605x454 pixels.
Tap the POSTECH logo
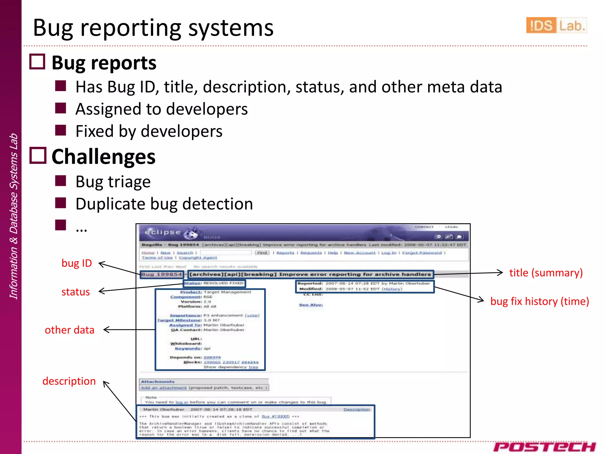pos(544,447)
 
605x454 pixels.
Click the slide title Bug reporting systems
pos(153,28)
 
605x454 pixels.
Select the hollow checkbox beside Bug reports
pos(37,62)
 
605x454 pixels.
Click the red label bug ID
pos(77,263)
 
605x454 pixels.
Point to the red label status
pos(75,292)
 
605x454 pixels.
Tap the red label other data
pos(69,330)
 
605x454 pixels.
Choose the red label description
pos(69,381)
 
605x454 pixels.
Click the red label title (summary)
pos(546,273)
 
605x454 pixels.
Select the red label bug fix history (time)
pos(539,301)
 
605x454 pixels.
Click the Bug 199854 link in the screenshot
pos(162,275)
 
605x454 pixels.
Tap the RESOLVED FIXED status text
pos(223,283)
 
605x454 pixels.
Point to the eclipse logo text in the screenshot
pos(162,232)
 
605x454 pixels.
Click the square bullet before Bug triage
pos(61,181)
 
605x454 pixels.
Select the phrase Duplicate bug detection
pos(164,204)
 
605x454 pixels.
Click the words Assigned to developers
pos(161,109)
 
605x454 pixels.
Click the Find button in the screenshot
pos(262,253)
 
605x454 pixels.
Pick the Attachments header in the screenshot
pos(158,382)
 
